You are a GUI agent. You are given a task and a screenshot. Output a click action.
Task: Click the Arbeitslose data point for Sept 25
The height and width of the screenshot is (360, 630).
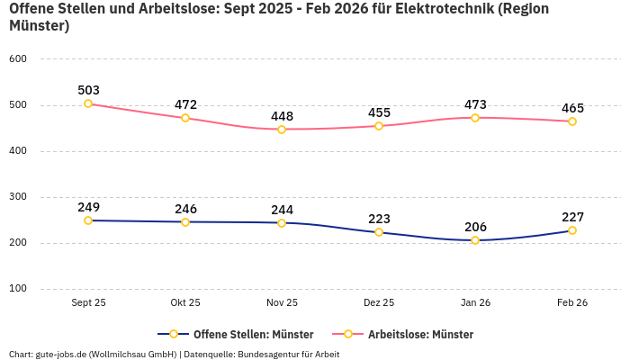(x=88, y=103)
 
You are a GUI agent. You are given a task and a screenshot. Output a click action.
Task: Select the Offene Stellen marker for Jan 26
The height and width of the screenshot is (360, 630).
(x=475, y=240)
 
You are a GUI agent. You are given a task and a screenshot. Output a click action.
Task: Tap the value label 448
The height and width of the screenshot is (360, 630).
(x=282, y=116)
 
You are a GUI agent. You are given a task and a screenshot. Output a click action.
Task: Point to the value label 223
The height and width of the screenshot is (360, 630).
(x=379, y=219)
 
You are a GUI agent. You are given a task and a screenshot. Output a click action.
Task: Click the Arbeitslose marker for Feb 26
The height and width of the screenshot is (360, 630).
(x=572, y=121)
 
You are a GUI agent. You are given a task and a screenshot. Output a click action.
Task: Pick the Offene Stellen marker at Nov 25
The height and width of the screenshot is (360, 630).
(x=282, y=223)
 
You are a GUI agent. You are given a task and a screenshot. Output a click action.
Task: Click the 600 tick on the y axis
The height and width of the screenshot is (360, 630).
(x=18, y=59)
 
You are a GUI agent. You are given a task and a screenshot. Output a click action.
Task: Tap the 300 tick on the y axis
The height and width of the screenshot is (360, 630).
(x=18, y=197)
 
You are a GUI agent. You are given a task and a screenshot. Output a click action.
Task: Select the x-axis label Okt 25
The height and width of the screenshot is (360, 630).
(x=185, y=303)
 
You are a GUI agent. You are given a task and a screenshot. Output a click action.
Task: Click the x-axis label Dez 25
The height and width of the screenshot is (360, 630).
(x=379, y=303)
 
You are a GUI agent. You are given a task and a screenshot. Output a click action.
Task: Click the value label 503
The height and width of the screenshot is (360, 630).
(x=88, y=90)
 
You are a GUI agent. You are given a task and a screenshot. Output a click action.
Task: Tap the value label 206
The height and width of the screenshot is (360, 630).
(x=475, y=227)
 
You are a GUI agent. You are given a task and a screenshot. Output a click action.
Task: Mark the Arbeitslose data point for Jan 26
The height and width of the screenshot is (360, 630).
(x=475, y=118)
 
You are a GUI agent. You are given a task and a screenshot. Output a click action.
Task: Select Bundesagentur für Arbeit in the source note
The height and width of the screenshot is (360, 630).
(x=291, y=355)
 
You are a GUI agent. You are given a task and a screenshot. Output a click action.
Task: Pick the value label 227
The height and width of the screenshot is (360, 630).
(x=572, y=217)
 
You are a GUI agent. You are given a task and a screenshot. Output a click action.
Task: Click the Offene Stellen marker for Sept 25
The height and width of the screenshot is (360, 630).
(x=88, y=220)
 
